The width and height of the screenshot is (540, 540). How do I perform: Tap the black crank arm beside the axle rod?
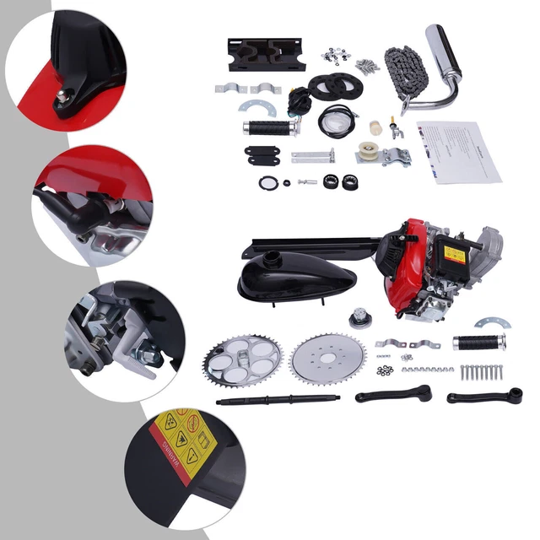(x=392, y=392)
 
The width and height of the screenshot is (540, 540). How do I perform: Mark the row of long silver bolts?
(x=482, y=371)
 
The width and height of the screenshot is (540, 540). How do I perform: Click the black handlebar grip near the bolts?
(x=479, y=342)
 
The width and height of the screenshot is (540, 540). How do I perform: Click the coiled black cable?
(x=337, y=121)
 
